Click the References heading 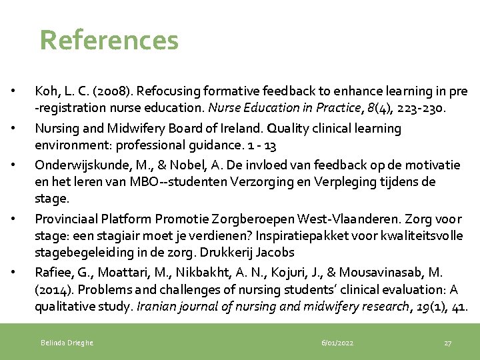109,40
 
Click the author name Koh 46,91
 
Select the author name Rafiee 52,273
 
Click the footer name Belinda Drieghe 67,343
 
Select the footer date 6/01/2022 337,343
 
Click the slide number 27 447,343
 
